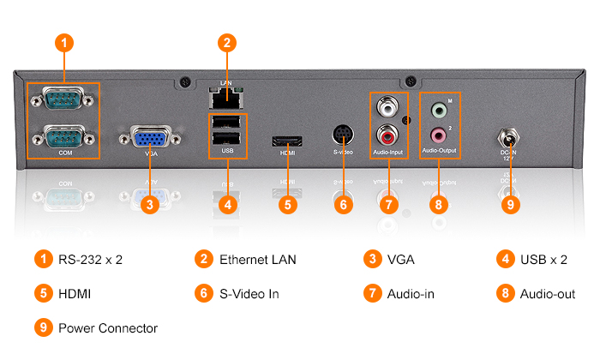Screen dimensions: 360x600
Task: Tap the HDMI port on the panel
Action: click(286, 140)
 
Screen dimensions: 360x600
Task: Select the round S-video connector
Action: click(343, 135)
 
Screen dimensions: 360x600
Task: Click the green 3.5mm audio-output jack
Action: click(439, 110)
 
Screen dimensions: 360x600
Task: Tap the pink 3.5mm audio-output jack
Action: click(439, 134)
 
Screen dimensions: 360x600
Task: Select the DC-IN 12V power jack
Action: click(510, 137)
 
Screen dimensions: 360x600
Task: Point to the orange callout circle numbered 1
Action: click(63, 42)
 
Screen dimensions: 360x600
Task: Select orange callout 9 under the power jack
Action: click(511, 205)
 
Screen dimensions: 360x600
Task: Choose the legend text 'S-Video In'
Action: click(249, 294)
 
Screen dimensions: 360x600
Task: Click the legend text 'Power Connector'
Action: click(108, 328)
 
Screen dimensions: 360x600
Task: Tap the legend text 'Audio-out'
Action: click(548, 294)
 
